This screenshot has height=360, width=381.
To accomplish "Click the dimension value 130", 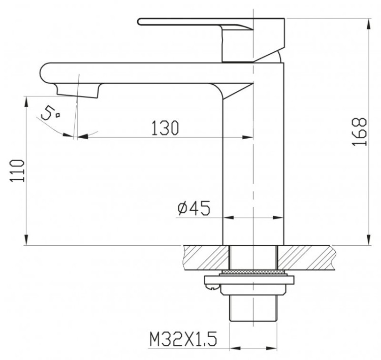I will pos(165,128).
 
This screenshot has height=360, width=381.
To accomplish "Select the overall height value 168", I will pos(359,131).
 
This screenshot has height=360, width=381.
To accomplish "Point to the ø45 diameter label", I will pos(194,208).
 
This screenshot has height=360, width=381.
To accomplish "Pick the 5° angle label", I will pos(50,113).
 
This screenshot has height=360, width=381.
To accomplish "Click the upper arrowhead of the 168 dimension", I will pos(366,23).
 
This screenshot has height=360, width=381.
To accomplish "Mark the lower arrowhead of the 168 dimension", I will pos(366,240).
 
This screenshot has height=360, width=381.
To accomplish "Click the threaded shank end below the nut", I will pos(252,307).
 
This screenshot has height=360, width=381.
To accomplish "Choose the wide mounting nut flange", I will pos(252,281).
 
